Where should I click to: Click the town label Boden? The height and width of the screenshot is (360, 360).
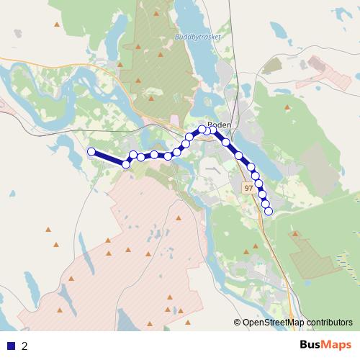(219, 124)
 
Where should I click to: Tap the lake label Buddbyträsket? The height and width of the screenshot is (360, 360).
(197, 36)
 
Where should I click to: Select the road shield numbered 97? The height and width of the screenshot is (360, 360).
(248, 188)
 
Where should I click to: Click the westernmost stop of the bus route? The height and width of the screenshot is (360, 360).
(91, 151)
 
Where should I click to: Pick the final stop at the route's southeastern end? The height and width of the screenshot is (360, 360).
(269, 211)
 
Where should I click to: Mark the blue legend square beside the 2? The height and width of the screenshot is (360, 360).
(11, 346)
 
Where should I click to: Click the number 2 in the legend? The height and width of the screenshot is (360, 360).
(25, 346)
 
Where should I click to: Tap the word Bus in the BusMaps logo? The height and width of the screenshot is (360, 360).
(312, 345)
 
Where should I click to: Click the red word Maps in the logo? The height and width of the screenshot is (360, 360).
(338, 345)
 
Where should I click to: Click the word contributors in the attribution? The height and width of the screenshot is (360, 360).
(329, 323)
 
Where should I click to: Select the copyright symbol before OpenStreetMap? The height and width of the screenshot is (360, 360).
(238, 323)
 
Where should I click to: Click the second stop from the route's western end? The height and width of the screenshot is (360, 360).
(126, 164)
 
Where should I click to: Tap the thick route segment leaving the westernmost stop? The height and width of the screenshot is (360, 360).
(108, 158)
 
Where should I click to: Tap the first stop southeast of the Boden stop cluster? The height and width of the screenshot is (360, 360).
(225, 142)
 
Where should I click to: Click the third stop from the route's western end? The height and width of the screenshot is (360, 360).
(133, 155)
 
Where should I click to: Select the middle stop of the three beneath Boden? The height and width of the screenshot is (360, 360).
(207, 130)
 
